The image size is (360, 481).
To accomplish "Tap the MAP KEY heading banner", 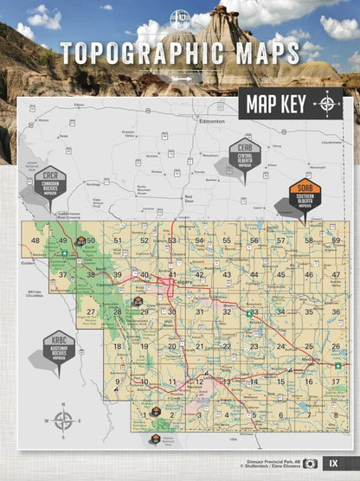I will pyautogui.click(x=273, y=105).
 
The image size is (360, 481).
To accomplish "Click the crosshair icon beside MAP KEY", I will pyautogui.click(x=327, y=105).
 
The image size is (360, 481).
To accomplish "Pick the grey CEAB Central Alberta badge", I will pyautogui.click(x=245, y=157).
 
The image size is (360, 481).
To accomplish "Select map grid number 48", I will pyautogui.click(x=35, y=240).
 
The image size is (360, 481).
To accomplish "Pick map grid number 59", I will pyautogui.click(x=336, y=240).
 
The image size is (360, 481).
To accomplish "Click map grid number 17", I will pyautogui.click(x=335, y=382).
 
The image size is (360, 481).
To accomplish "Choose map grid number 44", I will pyautogui.click(x=254, y=275).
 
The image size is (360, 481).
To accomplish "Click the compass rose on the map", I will pyautogui.click(x=63, y=422).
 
